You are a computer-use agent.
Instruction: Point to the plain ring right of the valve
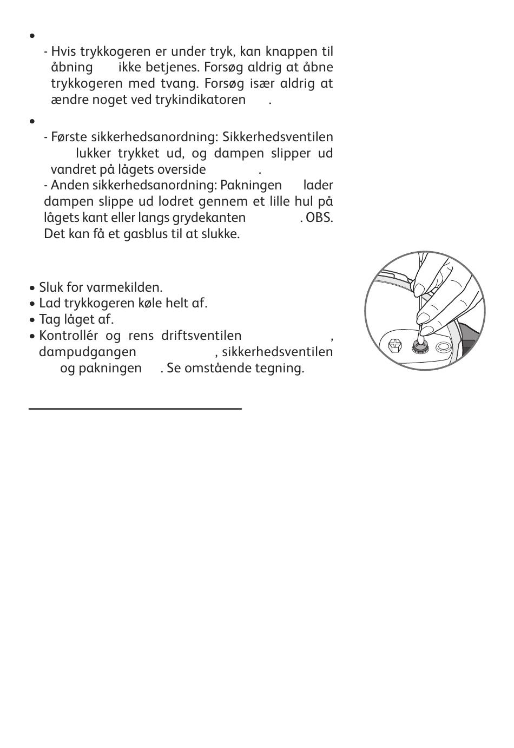(443, 346)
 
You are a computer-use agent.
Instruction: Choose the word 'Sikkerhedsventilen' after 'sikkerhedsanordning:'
(278, 137)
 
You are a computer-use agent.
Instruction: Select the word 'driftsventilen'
(201, 336)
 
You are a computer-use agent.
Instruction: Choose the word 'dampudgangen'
(88, 352)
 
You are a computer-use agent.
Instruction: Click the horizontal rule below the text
(135, 409)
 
